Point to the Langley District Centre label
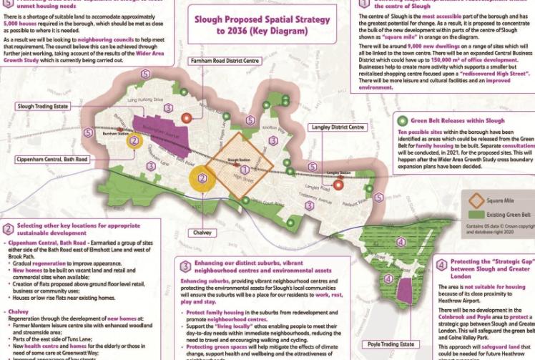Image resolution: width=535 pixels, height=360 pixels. point(338,127)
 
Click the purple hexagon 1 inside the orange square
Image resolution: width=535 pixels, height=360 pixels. point(245,170)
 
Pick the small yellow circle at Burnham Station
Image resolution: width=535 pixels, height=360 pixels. point(133,141)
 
